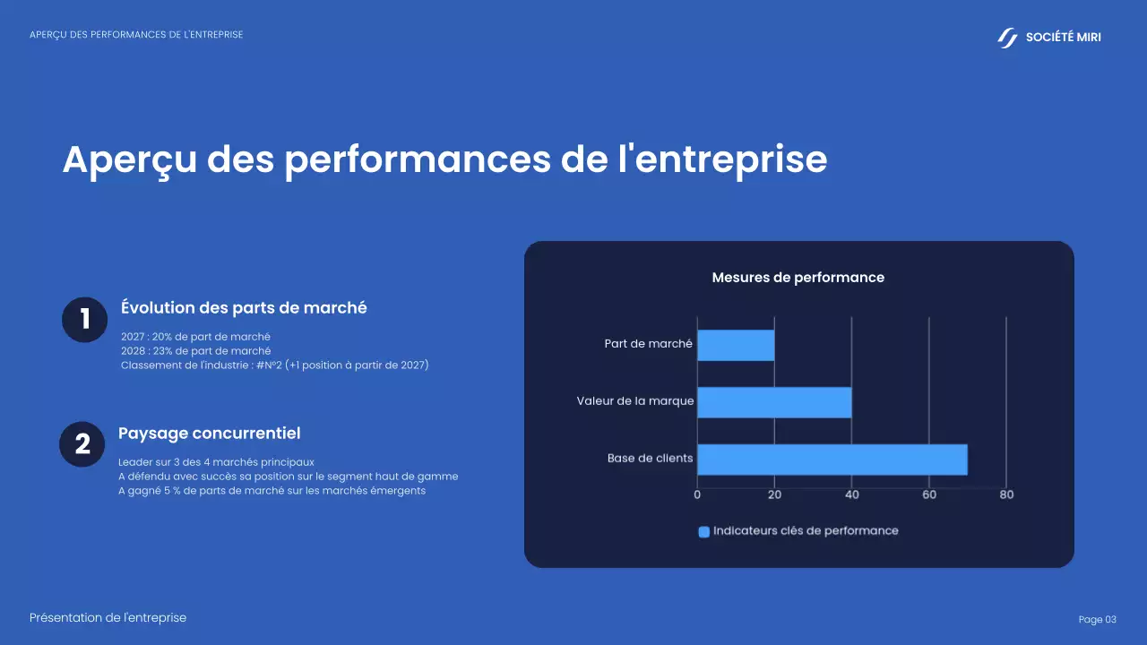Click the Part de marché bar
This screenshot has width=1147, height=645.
736,345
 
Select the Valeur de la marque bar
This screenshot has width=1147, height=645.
774,402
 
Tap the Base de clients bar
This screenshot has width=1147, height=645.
832,459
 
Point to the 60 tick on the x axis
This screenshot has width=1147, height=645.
929,494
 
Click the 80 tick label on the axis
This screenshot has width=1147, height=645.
1006,494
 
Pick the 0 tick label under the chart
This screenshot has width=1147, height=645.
697,494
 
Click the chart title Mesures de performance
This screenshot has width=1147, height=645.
798,278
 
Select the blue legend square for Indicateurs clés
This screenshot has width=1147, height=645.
703,531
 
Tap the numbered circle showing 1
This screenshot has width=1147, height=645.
85,320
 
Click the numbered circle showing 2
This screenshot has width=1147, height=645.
82,444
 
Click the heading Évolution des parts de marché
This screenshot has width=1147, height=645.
244,307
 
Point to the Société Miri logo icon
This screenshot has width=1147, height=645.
1007,38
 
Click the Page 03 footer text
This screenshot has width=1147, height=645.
1097,620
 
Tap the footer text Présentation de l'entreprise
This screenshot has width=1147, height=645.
108,618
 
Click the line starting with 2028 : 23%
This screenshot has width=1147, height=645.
195,350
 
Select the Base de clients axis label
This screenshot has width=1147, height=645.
650,459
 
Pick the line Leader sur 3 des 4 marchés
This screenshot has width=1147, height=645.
216,462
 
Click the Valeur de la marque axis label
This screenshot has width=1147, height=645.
634,401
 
